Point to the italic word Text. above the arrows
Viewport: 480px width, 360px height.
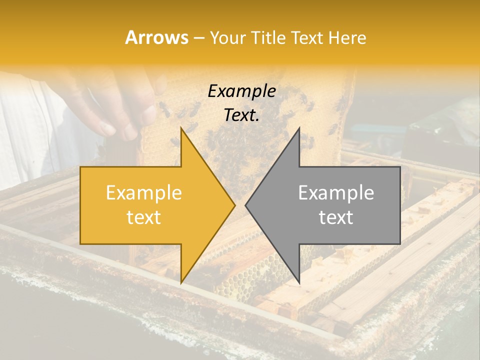pos(241,115)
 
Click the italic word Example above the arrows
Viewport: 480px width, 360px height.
pos(242,91)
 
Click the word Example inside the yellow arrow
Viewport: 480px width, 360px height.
pos(144,193)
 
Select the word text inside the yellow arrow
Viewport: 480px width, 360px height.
pos(144,217)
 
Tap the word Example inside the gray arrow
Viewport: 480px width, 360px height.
pos(336,193)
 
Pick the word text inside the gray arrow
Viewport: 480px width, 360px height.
pos(336,217)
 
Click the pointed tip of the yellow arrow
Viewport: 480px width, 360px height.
pos(234,205)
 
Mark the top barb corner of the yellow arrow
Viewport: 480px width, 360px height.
pos(181,128)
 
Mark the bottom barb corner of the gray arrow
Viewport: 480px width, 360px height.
pos(299,283)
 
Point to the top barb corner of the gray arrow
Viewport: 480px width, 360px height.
pos(299,128)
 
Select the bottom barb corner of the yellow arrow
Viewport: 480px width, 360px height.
pos(181,283)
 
